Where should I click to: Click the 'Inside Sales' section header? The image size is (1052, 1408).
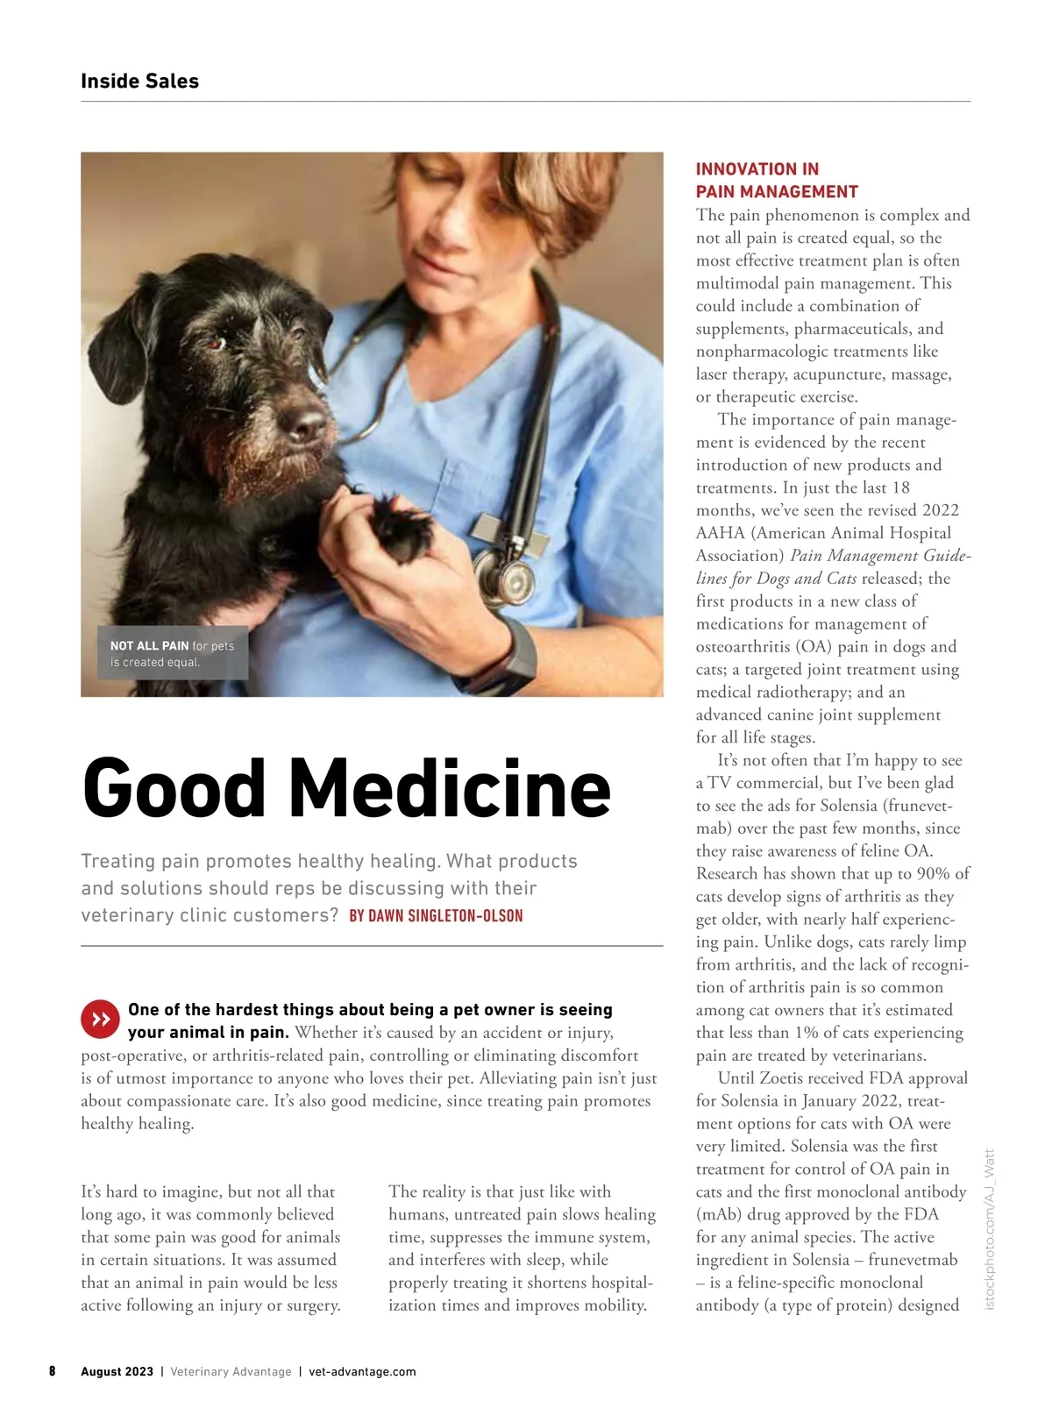pyautogui.click(x=139, y=82)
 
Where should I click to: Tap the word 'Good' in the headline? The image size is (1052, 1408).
pyautogui.click(x=174, y=787)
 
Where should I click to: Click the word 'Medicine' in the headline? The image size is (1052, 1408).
pyautogui.click(x=450, y=787)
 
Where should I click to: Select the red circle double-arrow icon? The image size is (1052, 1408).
pyautogui.click(x=100, y=1019)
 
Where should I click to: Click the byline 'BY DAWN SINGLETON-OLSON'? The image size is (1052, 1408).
pyautogui.click(x=436, y=916)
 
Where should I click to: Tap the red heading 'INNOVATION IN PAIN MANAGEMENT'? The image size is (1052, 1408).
pyautogui.click(x=777, y=181)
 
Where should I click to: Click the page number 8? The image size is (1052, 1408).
pyautogui.click(x=53, y=1371)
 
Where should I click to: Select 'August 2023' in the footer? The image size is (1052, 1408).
pyautogui.click(x=117, y=1372)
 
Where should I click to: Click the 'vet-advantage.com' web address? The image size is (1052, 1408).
pyautogui.click(x=363, y=1372)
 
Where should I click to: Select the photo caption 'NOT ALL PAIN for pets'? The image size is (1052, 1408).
pyautogui.click(x=172, y=646)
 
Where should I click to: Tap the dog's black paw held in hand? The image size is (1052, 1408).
pyautogui.click(x=401, y=530)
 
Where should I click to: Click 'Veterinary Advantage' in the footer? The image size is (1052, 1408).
pyautogui.click(x=231, y=1372)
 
